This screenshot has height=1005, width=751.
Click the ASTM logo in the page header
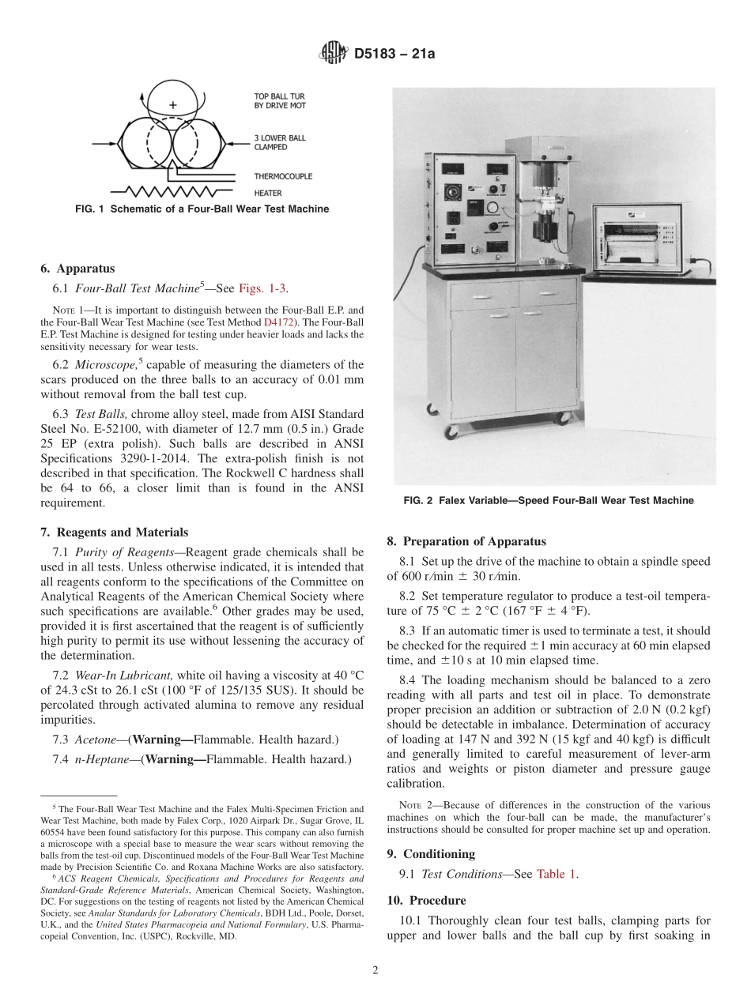332,53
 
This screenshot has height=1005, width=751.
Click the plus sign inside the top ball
173,104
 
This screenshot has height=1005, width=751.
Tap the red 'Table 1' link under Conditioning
557,874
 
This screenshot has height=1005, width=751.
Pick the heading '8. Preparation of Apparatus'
466,541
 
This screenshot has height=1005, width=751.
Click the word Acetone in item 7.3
94,740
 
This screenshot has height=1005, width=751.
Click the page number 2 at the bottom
375,971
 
